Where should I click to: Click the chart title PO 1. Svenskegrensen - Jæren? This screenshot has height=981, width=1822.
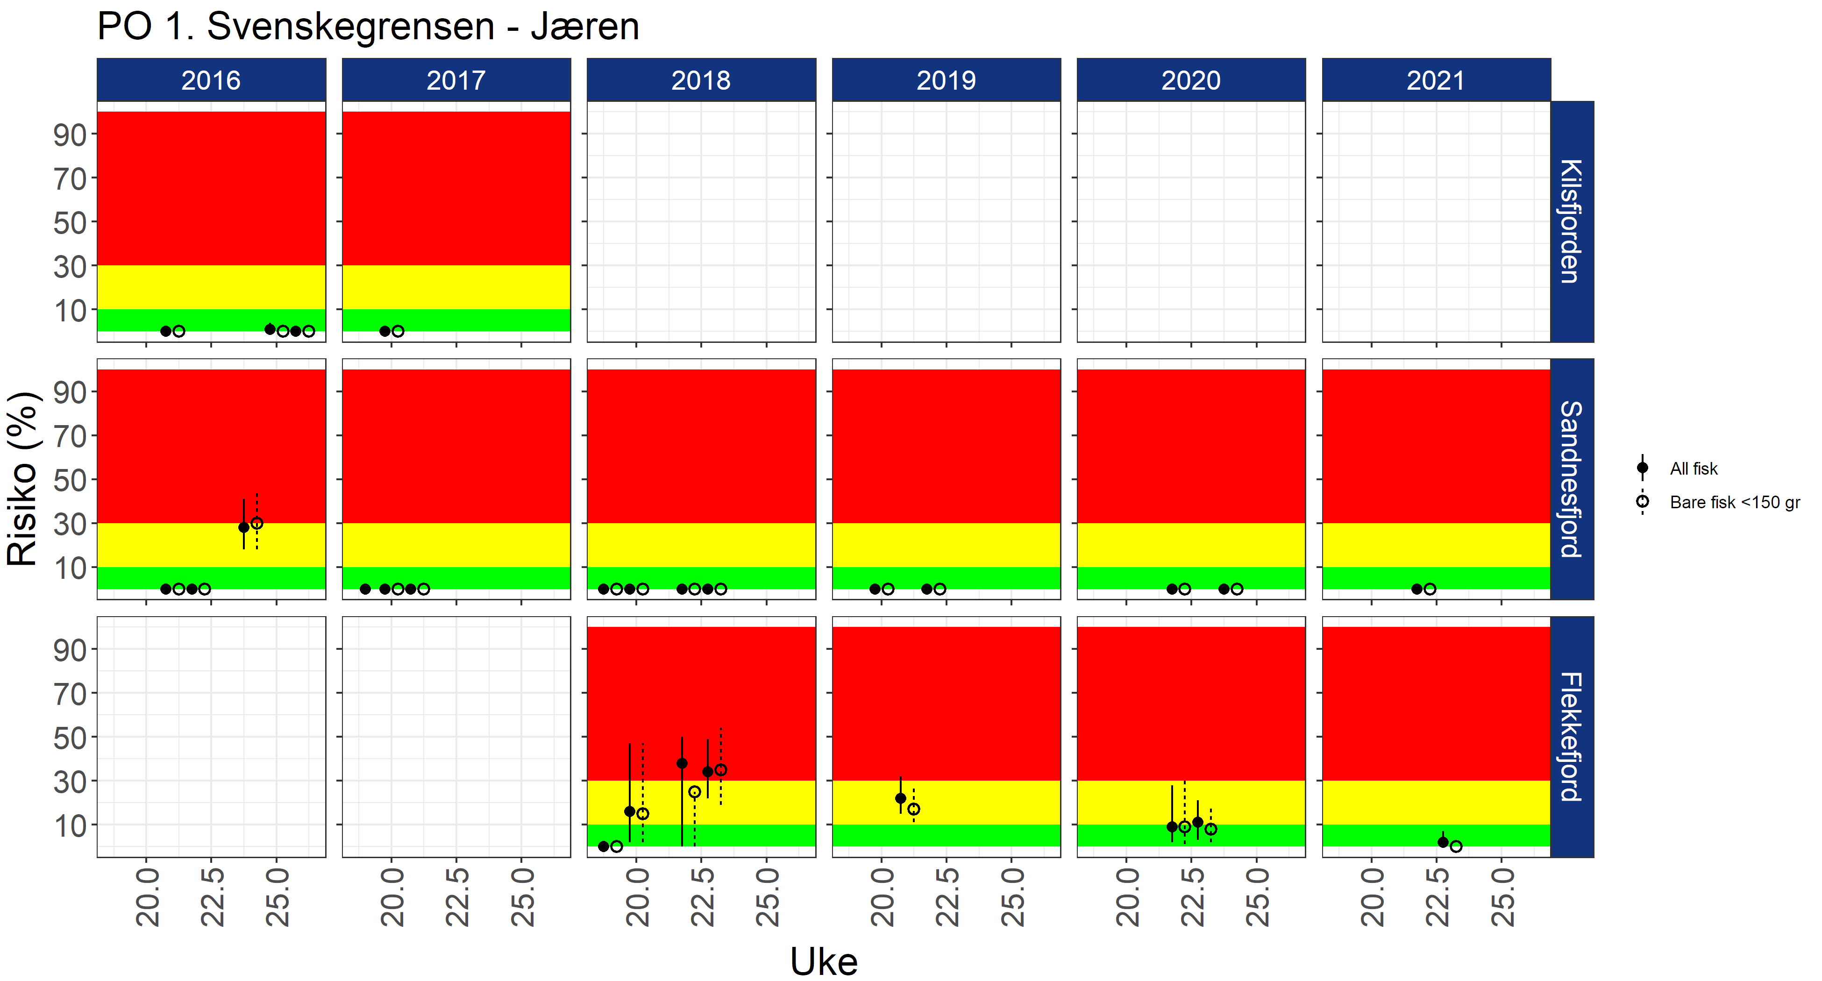tap(368, 27)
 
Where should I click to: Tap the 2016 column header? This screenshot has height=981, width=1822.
tap(211, 80)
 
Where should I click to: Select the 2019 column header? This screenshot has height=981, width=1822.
tap(946, 80)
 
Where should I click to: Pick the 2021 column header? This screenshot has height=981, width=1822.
tap(1436, 80)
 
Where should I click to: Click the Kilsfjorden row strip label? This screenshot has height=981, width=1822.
tap(1571, 221)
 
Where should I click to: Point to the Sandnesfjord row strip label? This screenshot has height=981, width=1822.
tap(1571, 479)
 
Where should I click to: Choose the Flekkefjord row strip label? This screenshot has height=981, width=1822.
tap(1571, 736)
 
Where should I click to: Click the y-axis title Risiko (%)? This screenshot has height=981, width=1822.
tap(22, 479)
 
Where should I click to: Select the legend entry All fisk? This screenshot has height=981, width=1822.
tap(1693, 468)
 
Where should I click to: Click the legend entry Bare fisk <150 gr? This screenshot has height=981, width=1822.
tap(1734, 502)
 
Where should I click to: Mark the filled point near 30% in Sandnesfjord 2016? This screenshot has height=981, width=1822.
tap(244, 527)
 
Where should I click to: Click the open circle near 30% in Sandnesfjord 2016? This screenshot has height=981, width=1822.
tap(257, 523)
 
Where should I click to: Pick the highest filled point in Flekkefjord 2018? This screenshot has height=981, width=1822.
tap(682, 763)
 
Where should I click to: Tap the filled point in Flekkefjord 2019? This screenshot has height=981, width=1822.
tap(900, 798)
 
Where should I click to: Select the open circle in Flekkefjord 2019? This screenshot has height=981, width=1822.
tap(914, 809)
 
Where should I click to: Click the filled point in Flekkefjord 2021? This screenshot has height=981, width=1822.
tap(1443, 842)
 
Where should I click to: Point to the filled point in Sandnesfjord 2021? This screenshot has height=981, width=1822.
tap(1416, 589)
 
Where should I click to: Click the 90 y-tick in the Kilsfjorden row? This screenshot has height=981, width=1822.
tap(70, 135)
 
